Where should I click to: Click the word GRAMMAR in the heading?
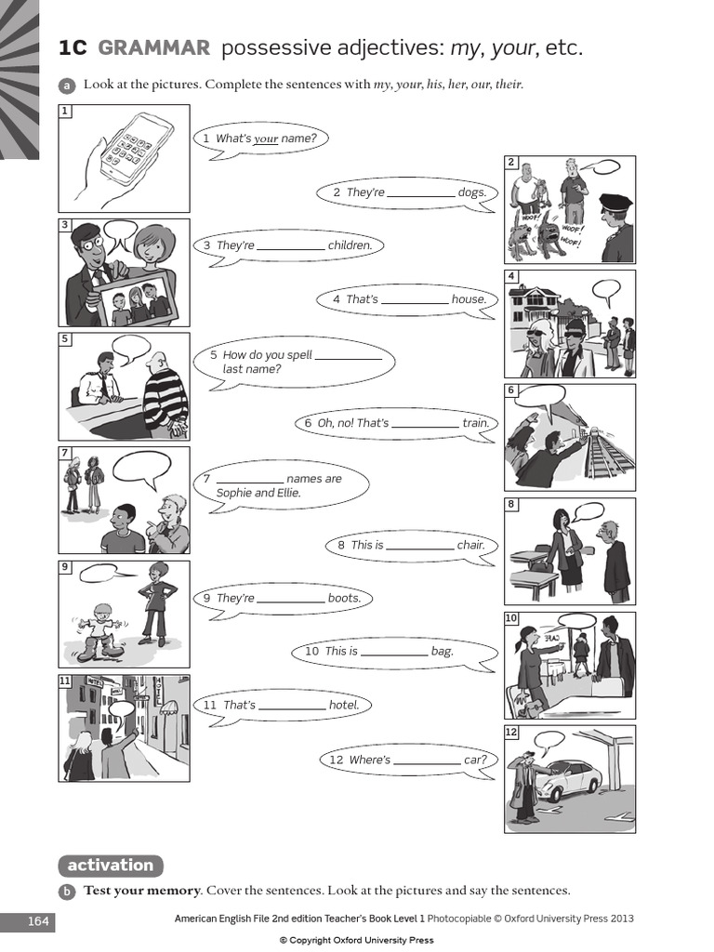pyautogui.click(x=153, y=48)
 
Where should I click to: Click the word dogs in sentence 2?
pyautogui.click(x=472, y=192)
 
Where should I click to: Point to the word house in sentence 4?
pyautogui.click(x=469, y=299)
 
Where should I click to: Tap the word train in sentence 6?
pyautogui.click(x=475, y=423)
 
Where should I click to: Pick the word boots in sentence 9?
pyautogui.click(x=344, y=599)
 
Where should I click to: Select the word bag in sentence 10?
pyautogui.click(x=443, y=652)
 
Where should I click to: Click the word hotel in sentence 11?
pyautogui.click(x=343, y=706)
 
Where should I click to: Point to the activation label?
pyautogui.click(x=110, y=866)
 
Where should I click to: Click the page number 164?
pyautogui.click(x=38, y=922)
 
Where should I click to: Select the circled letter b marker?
pyautogui.click(x=67, y=892)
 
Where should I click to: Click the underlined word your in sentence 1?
pyautogui.click(x=267, y=139)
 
